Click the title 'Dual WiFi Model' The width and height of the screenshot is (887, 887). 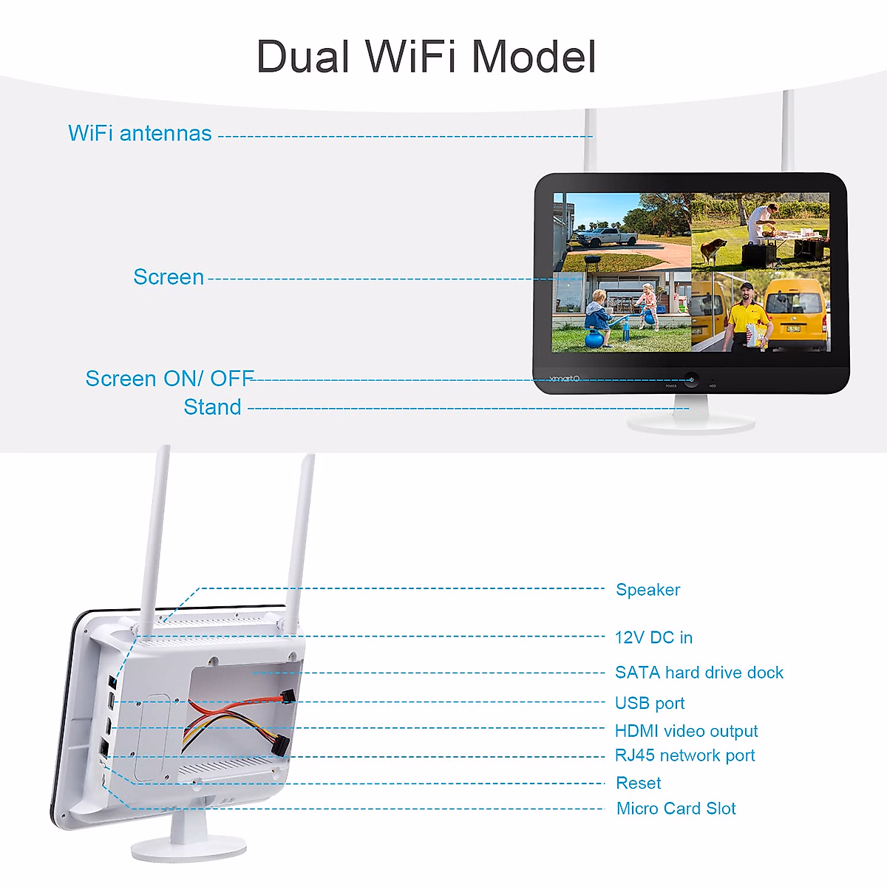[x=426, y=57]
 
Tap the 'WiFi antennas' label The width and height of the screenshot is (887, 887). [x=140, y=133]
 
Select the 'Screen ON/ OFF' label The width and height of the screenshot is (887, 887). [x=169, y=378]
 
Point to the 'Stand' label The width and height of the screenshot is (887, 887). [x=212, y=407]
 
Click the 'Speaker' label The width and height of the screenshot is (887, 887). [x=648, y=590]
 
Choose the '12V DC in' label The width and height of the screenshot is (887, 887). [x=653, y=638]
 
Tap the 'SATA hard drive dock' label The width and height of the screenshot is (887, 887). [x=699, y=673]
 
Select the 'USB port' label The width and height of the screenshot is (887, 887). [x=650, y=703]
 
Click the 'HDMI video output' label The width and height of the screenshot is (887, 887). [x=686, y=731]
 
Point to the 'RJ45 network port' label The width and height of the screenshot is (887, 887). [x=684, y=755]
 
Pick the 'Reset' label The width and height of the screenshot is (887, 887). [x=639, y=783]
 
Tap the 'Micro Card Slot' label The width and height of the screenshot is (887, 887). [x=676, y=809]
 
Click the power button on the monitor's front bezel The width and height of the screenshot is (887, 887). [x=691, y=379]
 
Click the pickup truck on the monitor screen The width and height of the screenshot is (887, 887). [x=607, y=237]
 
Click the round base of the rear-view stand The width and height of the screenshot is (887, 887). [x=188, y=850]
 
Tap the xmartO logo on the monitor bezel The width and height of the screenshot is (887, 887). [x=565, y=378]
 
